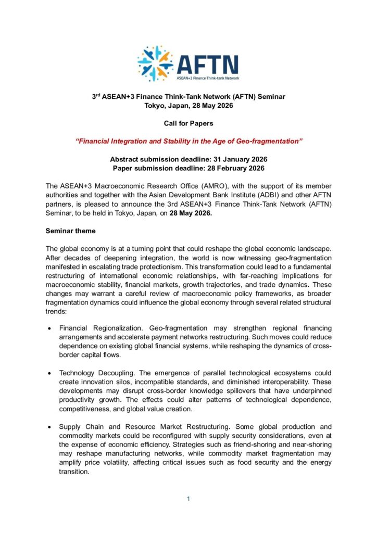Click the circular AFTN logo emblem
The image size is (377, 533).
(x=156, y=64)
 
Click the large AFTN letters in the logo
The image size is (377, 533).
(x=207, y=64)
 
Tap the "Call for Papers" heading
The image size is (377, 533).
(x=188, y=123)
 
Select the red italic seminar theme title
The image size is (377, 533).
(x=188, y=142)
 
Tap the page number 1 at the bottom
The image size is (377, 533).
(x=188, y=499)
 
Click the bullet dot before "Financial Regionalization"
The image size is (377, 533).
(x=48, y=329)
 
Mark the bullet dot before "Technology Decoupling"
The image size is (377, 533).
(x=48, y=374)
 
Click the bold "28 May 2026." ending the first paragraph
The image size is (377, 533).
(x=191, y=212)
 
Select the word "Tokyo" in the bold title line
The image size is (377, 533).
(x=155, y=105)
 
